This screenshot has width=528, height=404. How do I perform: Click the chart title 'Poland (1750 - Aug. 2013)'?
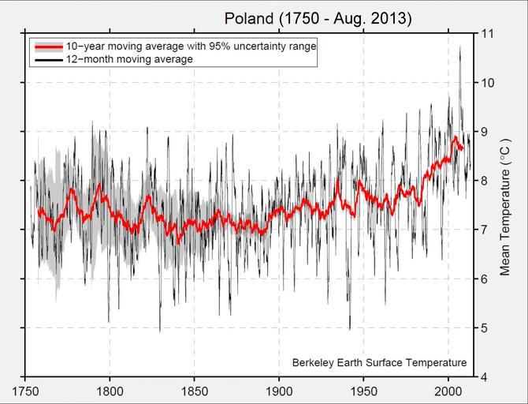tap(318, 17)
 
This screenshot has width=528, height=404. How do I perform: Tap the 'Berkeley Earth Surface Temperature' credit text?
tap(379, 363)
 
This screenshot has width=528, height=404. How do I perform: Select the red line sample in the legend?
tap(47, 47)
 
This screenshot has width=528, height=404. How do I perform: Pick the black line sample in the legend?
tap(47, 59)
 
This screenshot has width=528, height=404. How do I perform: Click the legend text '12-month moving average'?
tap(130, 59)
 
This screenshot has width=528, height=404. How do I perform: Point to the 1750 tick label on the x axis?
tap(25, 390)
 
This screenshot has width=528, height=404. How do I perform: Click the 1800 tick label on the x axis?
tap(110, 390)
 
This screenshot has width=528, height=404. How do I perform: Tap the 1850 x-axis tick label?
tap(195, 390)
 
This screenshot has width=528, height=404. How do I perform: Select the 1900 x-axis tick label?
tap(279, 390)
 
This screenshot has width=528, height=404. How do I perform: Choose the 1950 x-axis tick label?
tap(363, 390)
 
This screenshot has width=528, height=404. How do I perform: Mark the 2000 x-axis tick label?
tap(448, 390)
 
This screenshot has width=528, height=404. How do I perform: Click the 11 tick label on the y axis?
tap(485, 34)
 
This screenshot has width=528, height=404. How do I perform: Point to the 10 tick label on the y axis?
tap(485, 83)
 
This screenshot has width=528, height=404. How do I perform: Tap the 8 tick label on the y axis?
tap(482, 181)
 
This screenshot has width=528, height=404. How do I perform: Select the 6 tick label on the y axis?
tap(482, 279)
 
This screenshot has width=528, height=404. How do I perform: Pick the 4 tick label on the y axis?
tap(482, 376)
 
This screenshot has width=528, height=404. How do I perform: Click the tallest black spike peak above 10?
tap(459, 47)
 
